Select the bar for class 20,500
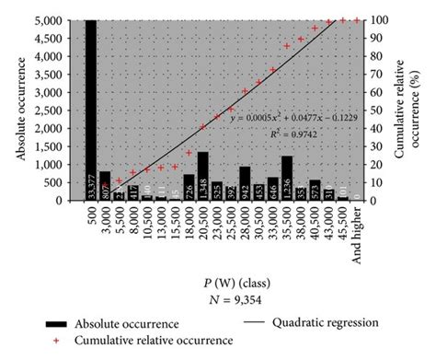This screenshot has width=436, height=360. (x=202, y=176)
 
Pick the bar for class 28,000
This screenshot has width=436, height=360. (x=245, y=183)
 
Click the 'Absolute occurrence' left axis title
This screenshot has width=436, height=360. (x=20, y=109)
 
